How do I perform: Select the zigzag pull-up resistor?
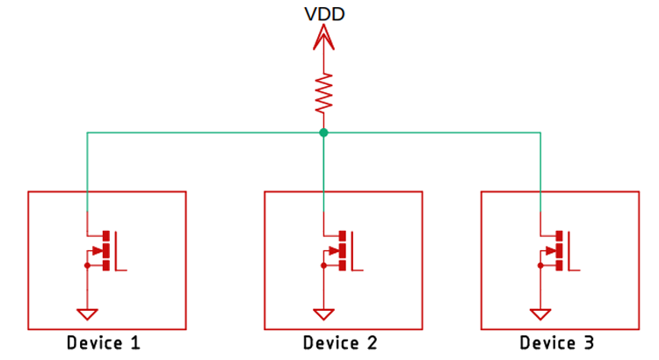pyautogui.click(x=324, y=91)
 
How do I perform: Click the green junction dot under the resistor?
pyautogui.click(x=324, y=133)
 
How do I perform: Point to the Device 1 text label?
pyautogui.click(x=104, y=342)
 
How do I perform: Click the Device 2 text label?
pyautogui.click(x=340, y=342)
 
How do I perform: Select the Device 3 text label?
pyautogui.click(x=556, y=342)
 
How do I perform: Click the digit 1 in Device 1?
pyautogui.click(x=135, y=342)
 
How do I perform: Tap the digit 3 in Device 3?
pyautogui.click(x=588, y=342)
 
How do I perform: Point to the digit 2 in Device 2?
pyautogui.click(x=372, y=342)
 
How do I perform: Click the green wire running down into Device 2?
pyautogui.click(x=324, y=176)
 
